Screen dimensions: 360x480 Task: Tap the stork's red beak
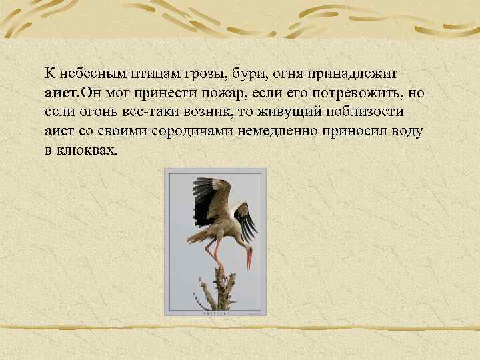tap(249, 259)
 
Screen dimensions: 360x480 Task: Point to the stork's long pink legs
tap(218, 253)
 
